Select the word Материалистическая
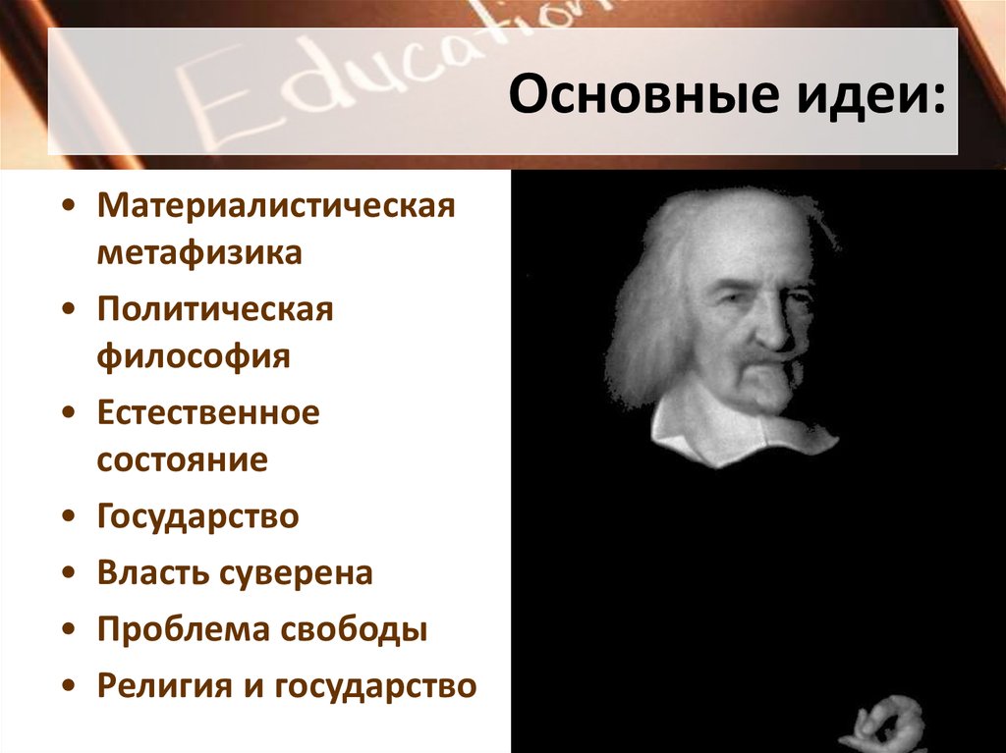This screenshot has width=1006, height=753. (276, 208)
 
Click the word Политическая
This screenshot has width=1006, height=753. (216, 310)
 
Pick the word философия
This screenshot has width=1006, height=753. (194, 354)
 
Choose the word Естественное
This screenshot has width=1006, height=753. (208, 412)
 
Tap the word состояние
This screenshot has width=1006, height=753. (182, 459)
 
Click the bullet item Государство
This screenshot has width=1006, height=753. (197, 516)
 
